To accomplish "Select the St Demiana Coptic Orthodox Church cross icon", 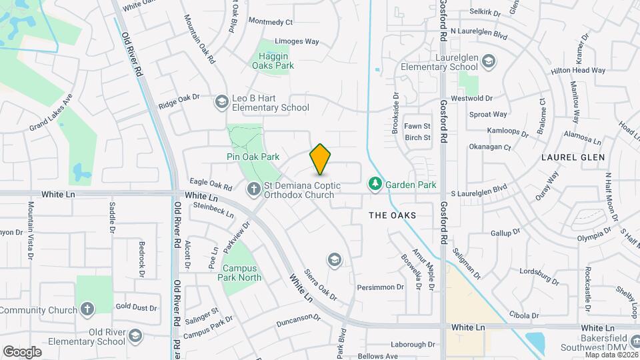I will point(253,190).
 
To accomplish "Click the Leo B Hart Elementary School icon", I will point(221,102).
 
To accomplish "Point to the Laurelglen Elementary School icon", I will point(489,62).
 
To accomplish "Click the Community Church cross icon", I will point(87,309).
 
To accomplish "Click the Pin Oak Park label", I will point(252,157).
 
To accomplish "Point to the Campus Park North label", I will point(241,273).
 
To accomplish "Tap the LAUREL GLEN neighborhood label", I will point(573,157).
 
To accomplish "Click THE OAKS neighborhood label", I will point(393,215).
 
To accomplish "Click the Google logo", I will point(22,351).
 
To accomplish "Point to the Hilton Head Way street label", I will point(578,70).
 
